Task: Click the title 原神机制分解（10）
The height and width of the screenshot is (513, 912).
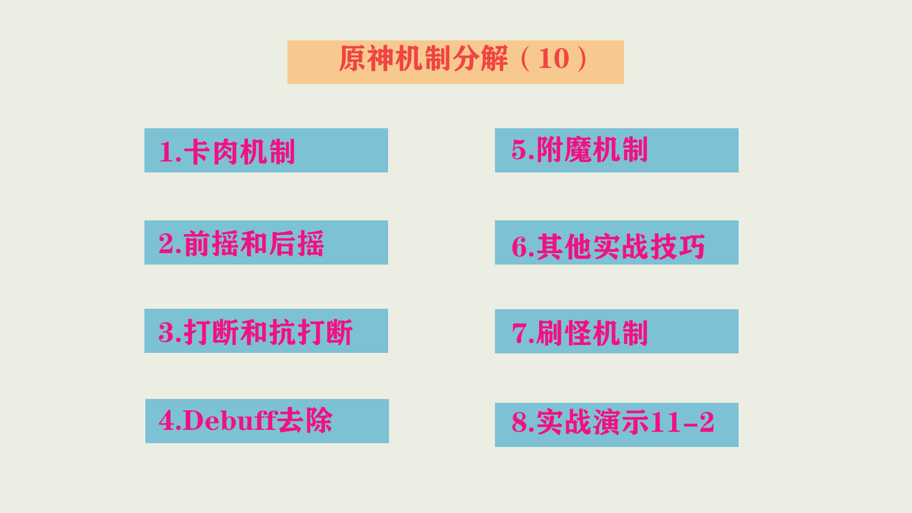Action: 464,59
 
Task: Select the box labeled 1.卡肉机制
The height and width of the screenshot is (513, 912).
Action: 266,150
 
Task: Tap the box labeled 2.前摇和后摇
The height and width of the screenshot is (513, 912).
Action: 266,242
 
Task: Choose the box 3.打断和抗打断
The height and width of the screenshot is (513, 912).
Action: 266,331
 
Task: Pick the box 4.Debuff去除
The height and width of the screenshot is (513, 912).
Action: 267,421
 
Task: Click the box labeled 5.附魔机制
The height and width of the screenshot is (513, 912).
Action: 617,150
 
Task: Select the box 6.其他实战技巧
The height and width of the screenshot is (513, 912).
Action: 617,242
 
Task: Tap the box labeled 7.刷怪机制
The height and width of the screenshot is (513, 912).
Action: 617,331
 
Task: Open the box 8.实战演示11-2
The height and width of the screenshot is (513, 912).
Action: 617,425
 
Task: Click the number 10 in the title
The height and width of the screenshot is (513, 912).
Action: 554,59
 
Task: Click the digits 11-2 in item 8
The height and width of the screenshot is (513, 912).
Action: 683,422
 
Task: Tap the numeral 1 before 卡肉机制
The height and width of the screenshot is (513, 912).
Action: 166,152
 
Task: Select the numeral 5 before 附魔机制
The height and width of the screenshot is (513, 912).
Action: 519,149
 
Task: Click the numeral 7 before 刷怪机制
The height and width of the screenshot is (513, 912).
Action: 519,332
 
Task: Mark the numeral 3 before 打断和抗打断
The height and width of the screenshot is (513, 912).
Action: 167,332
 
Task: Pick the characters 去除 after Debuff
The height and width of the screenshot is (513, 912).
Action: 305,420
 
